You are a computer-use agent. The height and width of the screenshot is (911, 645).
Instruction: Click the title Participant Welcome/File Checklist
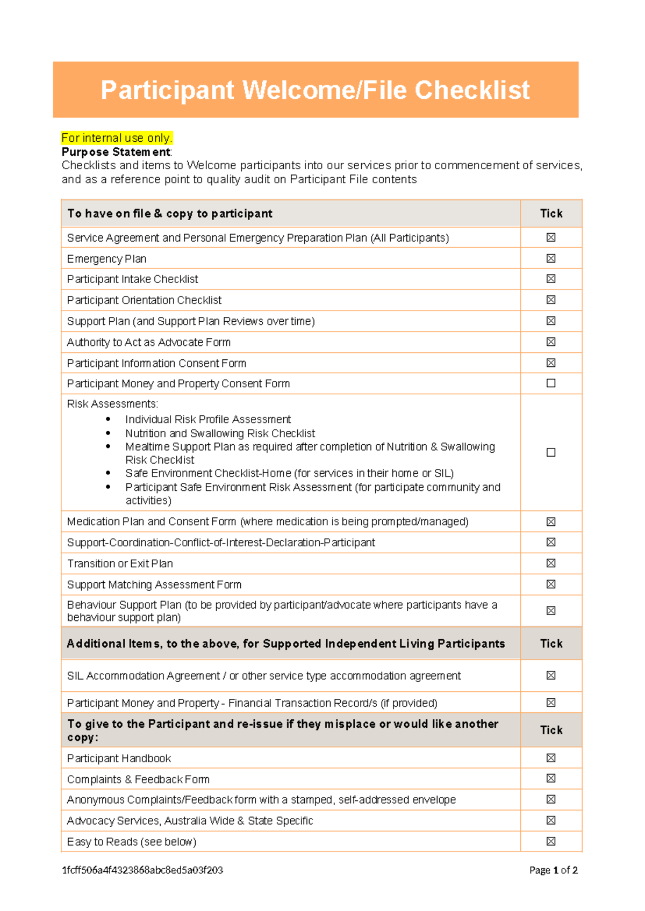(x=315, y=90)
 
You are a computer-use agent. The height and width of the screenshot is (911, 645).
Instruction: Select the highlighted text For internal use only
(x=117, y=138)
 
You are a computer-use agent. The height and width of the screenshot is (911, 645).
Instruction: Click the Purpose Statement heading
(x=116, y=152)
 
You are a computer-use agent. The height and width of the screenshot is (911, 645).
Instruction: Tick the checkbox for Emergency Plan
(x=551, y=258)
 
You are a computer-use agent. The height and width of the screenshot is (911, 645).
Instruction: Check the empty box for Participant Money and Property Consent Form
(x=551, y=383)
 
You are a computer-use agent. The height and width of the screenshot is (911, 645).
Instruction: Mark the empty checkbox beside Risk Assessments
(x=551, y=452)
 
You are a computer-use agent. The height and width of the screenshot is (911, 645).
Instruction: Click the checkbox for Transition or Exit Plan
(x=551, y=563)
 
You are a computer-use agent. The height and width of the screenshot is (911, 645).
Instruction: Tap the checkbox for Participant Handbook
(x=551, y=758)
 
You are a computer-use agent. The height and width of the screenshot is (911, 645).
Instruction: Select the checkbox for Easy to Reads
(x=551, y=841)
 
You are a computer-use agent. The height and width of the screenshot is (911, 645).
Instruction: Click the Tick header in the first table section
(x=551, y=213)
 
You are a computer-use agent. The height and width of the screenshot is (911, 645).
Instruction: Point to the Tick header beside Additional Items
(x=551, y=644)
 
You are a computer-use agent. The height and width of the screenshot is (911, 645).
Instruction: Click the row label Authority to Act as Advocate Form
(x=148, y=342)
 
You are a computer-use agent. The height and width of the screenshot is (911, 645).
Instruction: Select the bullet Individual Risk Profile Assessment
(x=208, y=420)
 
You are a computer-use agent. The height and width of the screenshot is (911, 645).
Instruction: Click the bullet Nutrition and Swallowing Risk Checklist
(x=220, y=433)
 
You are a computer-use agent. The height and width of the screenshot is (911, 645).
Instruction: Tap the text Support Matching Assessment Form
(x=154, y=584)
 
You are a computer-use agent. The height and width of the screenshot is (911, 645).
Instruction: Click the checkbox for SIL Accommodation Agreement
(x=551, y=675)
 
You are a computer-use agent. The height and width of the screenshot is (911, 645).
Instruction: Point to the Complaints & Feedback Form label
(x=138, y=779)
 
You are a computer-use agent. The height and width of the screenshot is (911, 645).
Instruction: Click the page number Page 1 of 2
(x=553, y=870)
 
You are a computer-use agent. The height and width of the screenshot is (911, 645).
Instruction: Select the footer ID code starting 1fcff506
(x=142, y=870)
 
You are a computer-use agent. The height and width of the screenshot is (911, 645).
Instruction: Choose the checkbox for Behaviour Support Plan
(x=551, y=610)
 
